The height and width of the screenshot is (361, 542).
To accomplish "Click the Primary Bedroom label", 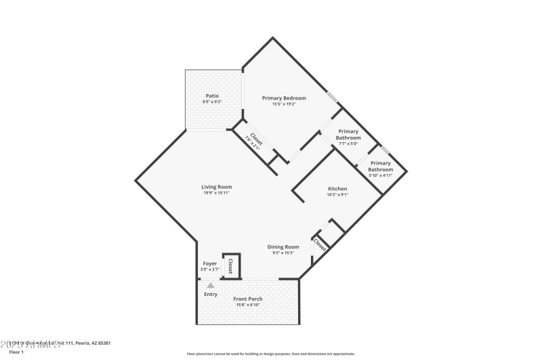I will click(284, 98).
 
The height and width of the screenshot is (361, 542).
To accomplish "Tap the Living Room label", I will click(217, 187).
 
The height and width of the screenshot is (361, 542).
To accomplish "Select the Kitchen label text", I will click(337, 188).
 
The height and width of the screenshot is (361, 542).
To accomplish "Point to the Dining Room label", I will click(283, 247).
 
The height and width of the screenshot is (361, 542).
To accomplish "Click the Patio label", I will click(212, 96).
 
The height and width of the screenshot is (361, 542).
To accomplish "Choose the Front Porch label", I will click(248, 299).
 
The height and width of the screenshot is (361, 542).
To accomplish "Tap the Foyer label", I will click(209, 263).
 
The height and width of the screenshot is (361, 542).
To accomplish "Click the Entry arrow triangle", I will click(211, 286).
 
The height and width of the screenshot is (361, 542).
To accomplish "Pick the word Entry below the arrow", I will click(211, 294).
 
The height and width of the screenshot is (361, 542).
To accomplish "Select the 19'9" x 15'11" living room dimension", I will click(217, 193).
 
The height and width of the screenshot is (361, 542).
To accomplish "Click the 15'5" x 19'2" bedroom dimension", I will click(284, 104).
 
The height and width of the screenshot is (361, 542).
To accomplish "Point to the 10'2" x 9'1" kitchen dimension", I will click(337, 194).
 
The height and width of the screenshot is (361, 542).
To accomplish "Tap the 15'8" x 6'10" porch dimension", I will click(248, 305).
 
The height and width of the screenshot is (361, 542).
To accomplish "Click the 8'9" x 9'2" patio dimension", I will click(212, 102).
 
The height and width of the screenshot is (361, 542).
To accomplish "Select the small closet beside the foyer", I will click(231, 265).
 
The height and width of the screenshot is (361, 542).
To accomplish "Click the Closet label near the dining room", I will click(319, 245).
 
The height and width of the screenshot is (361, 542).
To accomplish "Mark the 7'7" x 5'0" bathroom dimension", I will click(348, 144).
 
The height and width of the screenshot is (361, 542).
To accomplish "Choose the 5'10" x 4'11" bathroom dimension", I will click(380, 175).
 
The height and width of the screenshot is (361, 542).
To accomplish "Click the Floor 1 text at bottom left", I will click(16, 352).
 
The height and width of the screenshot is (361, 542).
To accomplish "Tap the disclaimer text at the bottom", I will click(270, 354).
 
